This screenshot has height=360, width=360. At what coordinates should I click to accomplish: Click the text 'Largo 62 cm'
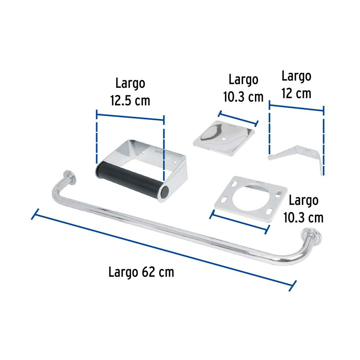141,272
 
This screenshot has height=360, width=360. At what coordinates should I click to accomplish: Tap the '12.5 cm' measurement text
130,100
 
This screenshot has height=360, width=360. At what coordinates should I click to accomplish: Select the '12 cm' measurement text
296,93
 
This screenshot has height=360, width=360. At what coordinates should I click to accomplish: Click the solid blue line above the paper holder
130,117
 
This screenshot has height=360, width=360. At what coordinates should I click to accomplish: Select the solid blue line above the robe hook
296,107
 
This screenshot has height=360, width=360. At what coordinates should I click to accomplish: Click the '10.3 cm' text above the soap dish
243,96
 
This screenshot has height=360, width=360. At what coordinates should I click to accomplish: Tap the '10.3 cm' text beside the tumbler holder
303,217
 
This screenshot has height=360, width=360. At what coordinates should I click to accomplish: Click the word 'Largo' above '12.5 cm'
130,83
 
